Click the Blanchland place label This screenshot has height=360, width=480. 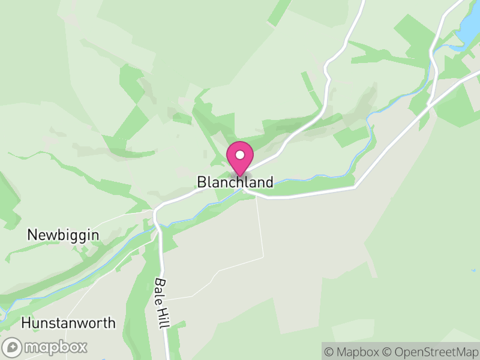click(x=235, y=182)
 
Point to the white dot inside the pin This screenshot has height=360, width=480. click(x=239, y=155)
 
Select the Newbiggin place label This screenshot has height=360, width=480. click(x=63, y=235)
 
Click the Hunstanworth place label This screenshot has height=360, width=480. click(x=68, y=323)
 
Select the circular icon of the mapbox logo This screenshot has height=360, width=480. click(x=13, y=347)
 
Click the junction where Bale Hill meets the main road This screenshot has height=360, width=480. click(x=155, y=211)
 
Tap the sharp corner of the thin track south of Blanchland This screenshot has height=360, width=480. click(x=263, y=257)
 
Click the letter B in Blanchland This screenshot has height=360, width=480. click(x=201, y=182)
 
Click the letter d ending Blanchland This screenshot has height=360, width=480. click(x=269, y=182)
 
